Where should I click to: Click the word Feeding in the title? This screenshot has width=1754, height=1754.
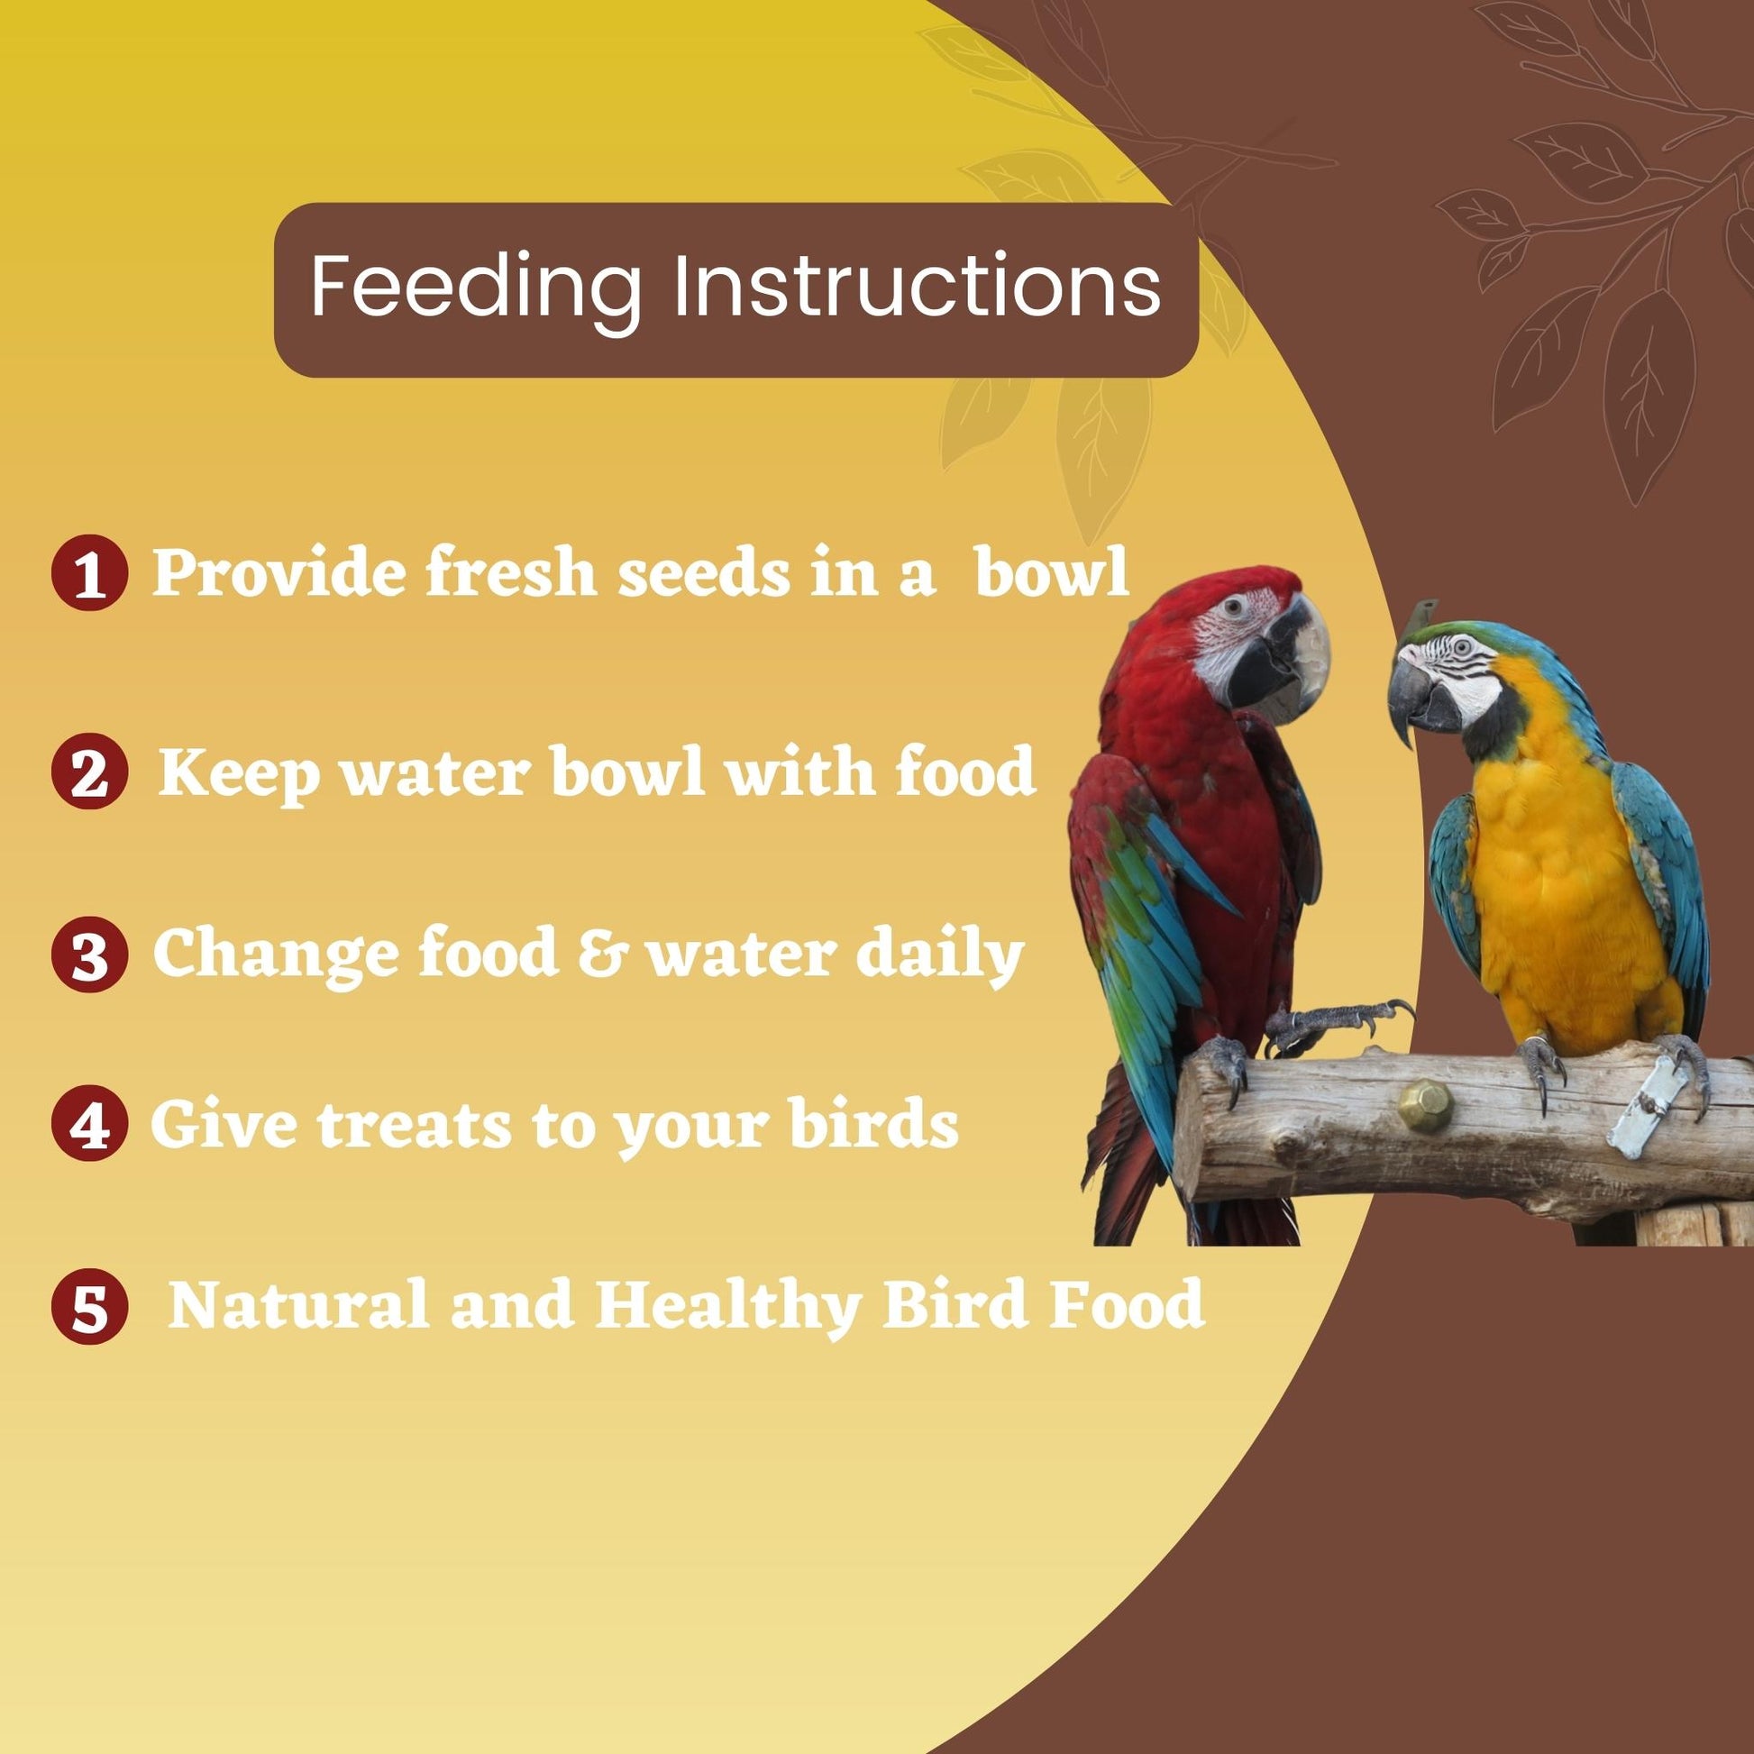coord(476,287)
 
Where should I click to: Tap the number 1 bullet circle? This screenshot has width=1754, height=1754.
coord(90,573)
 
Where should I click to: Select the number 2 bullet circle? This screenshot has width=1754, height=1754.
coord(90,772)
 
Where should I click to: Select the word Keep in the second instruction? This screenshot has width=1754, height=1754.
coord(239,773)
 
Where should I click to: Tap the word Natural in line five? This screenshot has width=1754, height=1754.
coord(298,1303)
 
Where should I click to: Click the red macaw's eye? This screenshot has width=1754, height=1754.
coord(1232,607)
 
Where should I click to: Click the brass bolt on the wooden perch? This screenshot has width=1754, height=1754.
coord(1425,1105)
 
